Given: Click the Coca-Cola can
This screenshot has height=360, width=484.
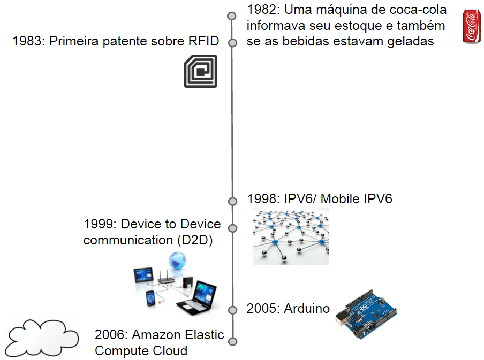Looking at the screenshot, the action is (471, 27).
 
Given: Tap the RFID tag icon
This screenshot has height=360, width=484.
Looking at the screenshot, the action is (201, 71).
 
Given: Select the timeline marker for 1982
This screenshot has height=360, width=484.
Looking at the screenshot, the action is (231, 16).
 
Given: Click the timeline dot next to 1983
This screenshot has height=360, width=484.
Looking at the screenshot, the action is (232, 43).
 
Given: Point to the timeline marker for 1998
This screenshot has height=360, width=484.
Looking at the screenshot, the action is (232, 202).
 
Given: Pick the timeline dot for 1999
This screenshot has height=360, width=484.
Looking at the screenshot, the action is (232, 228).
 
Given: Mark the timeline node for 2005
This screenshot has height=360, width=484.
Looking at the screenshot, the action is (232, 310).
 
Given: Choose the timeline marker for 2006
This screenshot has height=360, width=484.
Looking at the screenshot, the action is (233, 341).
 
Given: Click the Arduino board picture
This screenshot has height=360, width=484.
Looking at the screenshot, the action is (366, 314).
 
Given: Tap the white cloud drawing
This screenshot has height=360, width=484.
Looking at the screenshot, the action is (42, 338).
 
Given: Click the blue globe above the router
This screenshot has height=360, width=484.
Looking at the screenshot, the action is (178, 261).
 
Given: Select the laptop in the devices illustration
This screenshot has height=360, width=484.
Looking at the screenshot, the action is (198, 298).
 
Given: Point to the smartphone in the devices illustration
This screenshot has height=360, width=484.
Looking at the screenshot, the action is (150, 298).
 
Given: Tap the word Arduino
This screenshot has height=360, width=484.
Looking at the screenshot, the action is (307, 309).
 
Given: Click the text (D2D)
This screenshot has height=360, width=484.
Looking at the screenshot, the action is (195, 240).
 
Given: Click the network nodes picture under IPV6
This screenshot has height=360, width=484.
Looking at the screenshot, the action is (291, 236).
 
